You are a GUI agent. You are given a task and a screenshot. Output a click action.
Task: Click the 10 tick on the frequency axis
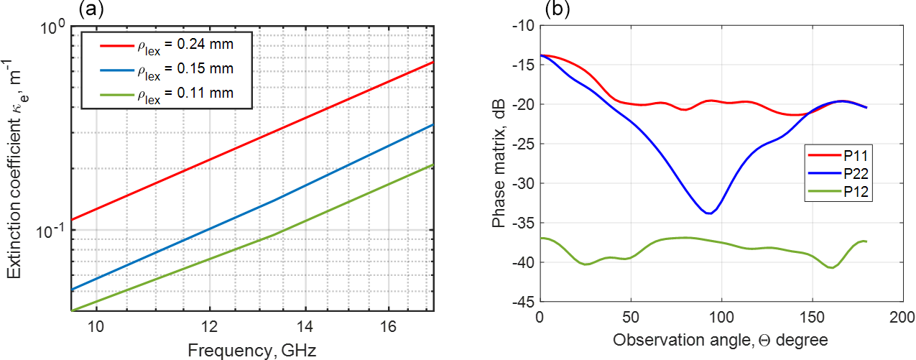click(96, 325)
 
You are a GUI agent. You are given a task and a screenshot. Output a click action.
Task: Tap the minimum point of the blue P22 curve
click(709, 213)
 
